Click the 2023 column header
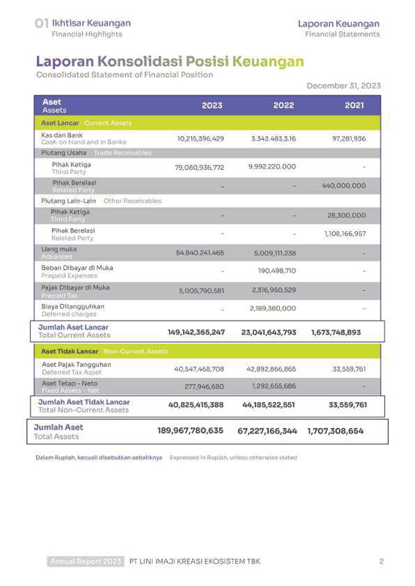(212, 105)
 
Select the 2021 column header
(354, 105)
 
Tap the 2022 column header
(283, 105)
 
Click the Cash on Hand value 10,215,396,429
(200, 139)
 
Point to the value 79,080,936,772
(199, 168)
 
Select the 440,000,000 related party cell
(343, 186)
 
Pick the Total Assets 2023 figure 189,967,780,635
(190, 431)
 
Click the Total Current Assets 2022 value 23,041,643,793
(269, 332)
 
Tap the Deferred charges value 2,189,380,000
(272, 309)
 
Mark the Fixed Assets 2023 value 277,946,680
(203, 387)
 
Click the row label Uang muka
(59, 249)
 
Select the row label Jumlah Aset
(58, 427)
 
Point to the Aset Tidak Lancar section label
(70, 351)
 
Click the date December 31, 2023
(343, 86)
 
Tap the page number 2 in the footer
(381, 562)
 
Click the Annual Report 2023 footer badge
(86, 562)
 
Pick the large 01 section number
(42, 24)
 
